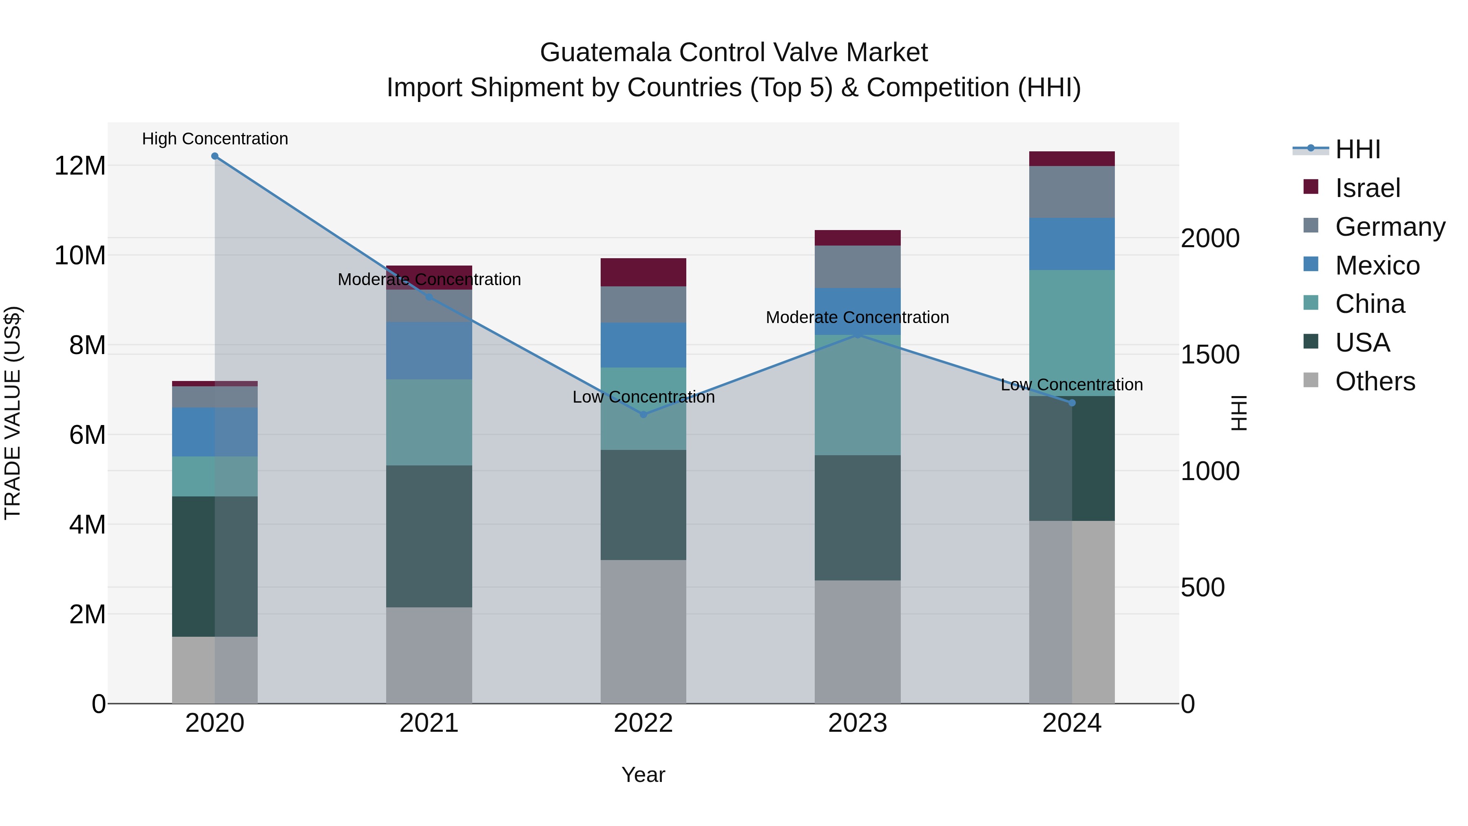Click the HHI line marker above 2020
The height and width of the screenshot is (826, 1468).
point(215,156)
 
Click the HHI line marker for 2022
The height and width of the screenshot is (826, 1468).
point(643,414)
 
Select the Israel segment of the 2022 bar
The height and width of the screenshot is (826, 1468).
point(643,272)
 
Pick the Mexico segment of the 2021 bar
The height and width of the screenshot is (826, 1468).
point(429,350)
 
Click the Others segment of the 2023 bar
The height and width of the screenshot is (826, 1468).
point(857,642)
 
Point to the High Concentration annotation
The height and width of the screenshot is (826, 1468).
point(215,139)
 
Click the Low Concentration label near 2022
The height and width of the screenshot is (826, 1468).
point(643,397)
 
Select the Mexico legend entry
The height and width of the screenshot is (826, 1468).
point(1376,266)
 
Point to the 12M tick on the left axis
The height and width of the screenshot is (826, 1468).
point(80,166)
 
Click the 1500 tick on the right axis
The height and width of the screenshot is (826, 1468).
point(1209,354)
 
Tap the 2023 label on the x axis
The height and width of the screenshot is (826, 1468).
point(857,723)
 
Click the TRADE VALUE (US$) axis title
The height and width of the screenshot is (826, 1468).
point(13,413)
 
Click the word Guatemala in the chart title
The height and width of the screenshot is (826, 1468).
point(605,53)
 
